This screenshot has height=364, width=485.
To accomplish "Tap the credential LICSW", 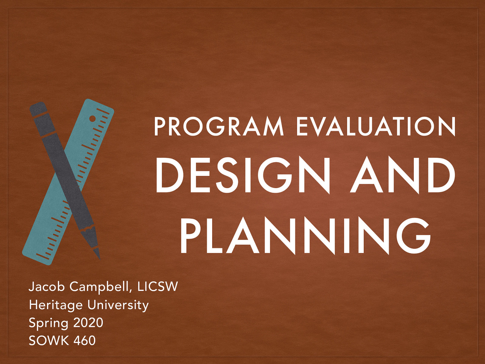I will (157, 287).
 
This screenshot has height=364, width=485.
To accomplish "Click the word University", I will (118, 305).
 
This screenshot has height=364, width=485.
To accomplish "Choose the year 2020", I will (88, 322).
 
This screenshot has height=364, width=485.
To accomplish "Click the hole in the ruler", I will (92, 119).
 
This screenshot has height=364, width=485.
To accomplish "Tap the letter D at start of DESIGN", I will (168, 176).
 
